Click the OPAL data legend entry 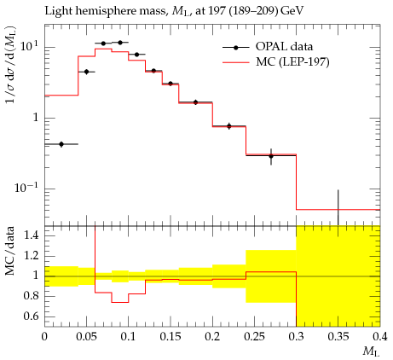pyautogui.click(x=267, y=47)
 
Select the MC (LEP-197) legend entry pyautogui.click(x=275, y=61)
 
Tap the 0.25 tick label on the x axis pyautogui.click(x=254, y=337)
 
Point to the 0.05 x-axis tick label pyautogui.click(x=86, y=337)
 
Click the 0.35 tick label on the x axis pyautogui.click(x=338, y=337)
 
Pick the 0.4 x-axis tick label pyautogui.click(x=380, y=337)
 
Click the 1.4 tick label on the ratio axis pyautogui.click(x=31, y=235)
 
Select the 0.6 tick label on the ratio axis pyautogui.click(x=31, y=316)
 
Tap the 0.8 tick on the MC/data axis pyautogui.click(x=31, y=296)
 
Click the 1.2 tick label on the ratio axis pyautogui.click(x=31, y=256)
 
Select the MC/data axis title pyautogui.click(x=10, y=251)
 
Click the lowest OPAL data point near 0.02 pyautogui.click(x=61, y=144)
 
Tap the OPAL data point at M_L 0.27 pyautogui.click(x=271, y=156)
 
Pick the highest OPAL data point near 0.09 pyautogui.click(x=120, y=43)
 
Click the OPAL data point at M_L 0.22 pyautogui.click(x=229, y=126)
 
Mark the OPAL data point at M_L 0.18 pyautogui.click(x=195, y=102)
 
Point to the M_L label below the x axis pyautogui.click(x=372, y=352)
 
